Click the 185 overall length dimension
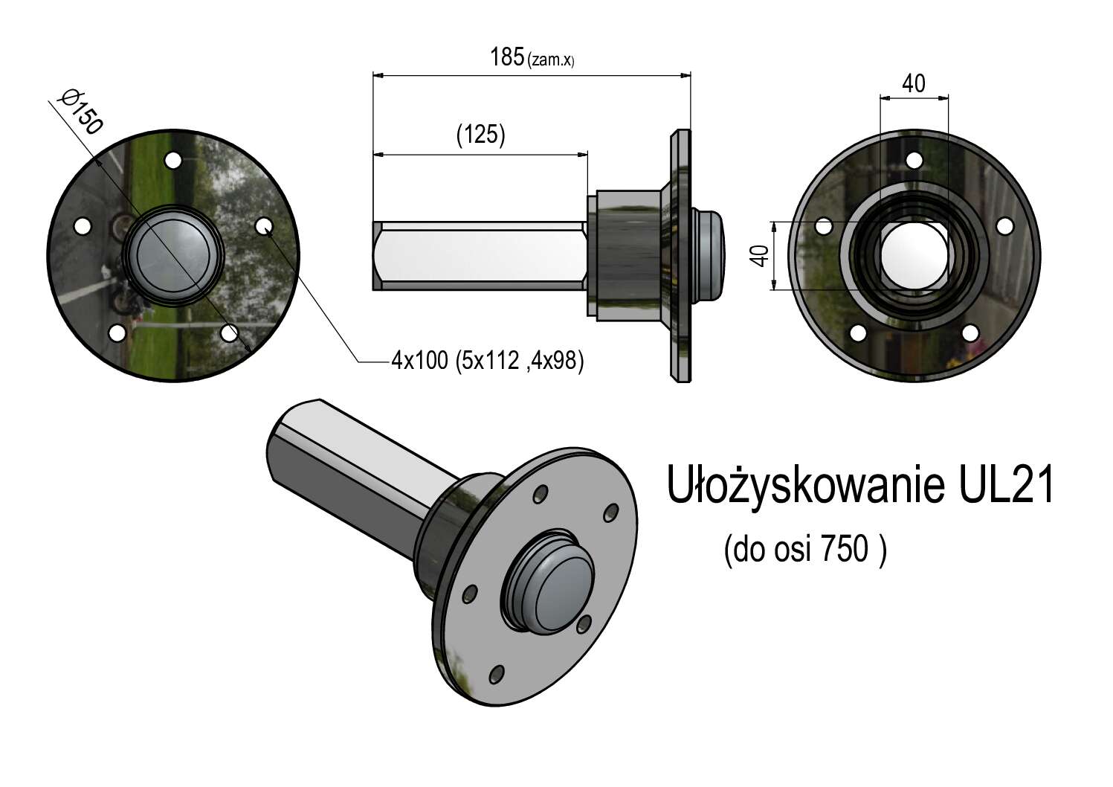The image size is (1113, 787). tap(507, 57)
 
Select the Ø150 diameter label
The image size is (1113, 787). tap(80, 112)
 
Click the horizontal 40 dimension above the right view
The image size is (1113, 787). tap(914, 84)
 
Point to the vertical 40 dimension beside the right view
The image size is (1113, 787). tap(761, 256)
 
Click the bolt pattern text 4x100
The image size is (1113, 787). tap(420, 361)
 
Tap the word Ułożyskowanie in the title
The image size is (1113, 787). tap(805, 486)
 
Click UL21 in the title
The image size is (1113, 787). tap(1006, 485)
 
